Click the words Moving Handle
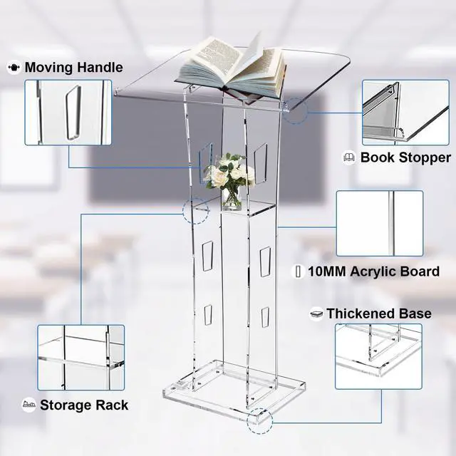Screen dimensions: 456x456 [74, 67]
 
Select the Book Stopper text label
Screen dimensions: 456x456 [405, 157]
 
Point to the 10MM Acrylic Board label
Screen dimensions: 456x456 [373, 271]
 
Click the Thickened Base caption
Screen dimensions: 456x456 [379, 313]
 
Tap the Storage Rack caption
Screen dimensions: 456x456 [84, 405]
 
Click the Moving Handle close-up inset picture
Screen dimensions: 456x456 [68, 113]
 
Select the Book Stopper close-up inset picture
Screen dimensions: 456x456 [405, 113]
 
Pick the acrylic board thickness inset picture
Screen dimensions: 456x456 [380, 223]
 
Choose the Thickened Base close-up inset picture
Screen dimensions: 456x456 [378, 356]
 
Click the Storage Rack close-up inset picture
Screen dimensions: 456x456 [81, 358]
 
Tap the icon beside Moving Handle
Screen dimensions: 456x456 [14, 68]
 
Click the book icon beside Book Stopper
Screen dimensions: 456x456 [349, 157]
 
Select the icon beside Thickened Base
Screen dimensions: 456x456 [316, 313]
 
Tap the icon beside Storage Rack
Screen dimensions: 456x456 [28, 405]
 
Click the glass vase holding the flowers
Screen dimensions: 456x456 [232, 199]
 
